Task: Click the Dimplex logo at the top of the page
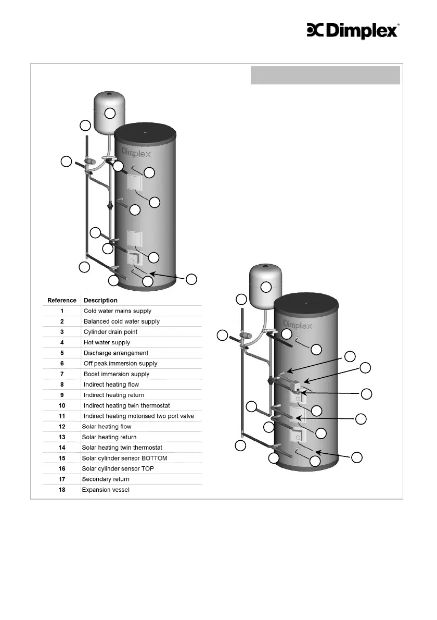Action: pos(353,30)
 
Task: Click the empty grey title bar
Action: pos(325,75)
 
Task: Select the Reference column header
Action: pos(61,301)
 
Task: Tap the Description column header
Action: pos(100,301)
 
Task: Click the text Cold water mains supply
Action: pos(117,311)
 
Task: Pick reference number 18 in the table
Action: pos(62,490)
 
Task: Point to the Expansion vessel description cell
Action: pos(106,490)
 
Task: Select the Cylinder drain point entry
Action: pos(110,332)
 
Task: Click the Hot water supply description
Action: pos(107,343)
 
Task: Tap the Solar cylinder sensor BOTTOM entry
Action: pos(124,458)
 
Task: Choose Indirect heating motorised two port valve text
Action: pos(138,416)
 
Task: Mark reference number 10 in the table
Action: pos(62,406)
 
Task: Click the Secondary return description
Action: pos(106,479)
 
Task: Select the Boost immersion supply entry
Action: pos(117,374)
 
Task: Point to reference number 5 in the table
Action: pos(62,353)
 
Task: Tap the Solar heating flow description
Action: pos(107,427)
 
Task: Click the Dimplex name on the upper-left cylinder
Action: pos(136,152)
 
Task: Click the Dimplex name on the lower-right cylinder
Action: pos(297,325)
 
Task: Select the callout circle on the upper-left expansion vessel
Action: pos(110,114)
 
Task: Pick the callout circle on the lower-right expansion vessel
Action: pos(266,287)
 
